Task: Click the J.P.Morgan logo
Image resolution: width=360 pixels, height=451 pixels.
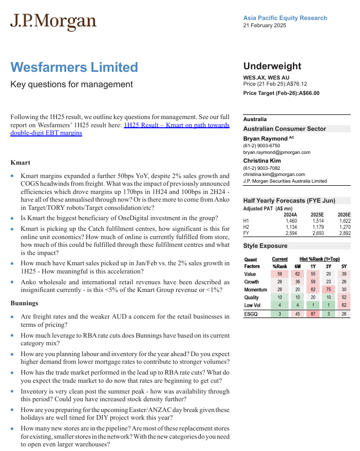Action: (53, 22)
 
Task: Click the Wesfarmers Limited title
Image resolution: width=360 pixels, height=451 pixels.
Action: (74, 67)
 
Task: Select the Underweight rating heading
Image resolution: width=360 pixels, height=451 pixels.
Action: (272, 66)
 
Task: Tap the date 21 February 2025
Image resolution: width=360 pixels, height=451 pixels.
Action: (264, 25)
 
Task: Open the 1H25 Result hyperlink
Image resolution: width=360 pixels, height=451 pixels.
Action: (176, 125)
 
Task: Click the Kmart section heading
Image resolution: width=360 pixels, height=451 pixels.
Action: (20, 163)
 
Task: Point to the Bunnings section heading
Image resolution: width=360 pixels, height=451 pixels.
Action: (24, 303)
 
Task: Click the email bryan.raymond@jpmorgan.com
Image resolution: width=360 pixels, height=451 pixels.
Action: (277, 152)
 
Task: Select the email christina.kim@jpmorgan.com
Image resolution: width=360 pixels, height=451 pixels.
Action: (274, 174)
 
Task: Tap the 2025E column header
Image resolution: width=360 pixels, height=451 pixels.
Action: (317, 214)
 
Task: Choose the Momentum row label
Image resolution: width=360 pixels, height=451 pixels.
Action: (256, 290)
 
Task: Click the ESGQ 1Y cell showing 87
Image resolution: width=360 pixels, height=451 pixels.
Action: (313, 314)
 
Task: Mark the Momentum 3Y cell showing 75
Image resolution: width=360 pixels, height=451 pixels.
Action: (329, 290)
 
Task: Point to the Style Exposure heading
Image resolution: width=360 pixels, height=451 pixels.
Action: (265, 246)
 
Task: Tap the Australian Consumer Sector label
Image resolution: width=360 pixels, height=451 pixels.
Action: (285, 129)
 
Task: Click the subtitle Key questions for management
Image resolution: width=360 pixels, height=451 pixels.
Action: (71, 84)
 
